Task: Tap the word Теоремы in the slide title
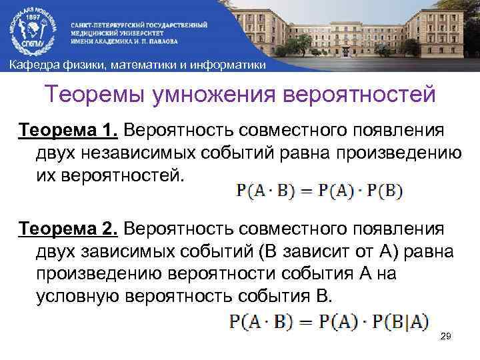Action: (95, 94)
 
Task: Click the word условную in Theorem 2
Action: (76, 297)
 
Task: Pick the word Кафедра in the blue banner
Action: (32, 64)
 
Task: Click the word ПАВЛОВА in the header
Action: (181, 41)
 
